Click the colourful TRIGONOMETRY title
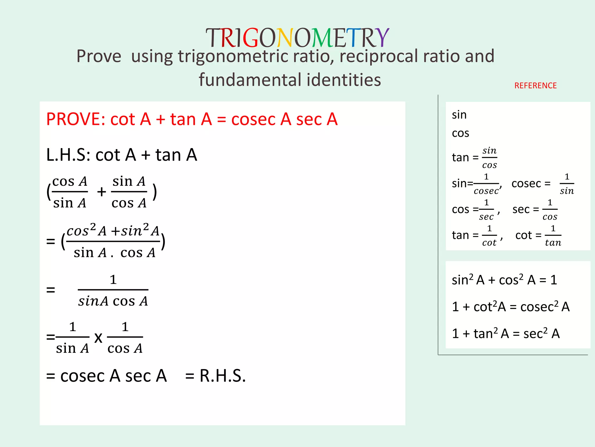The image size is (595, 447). [x=297, y=38]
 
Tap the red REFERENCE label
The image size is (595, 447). [x=535, y=86]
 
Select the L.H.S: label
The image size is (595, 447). [x=69, y=155]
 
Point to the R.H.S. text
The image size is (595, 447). [x=222, y=376]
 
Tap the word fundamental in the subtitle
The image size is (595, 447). [x=250, y=80]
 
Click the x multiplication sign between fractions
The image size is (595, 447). [x=98, y=338]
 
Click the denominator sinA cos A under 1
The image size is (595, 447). [x=113, y=301]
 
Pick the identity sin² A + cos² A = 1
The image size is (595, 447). [x=504, y=280]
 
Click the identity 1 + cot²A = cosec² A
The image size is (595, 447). [x=510, y=307]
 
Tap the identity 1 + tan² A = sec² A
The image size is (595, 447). [x=506, y=334]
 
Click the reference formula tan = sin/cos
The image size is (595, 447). [x=474, y=158]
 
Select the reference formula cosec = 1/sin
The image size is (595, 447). [x=543, y=184]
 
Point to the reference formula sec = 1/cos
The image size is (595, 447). [x=535, y=210]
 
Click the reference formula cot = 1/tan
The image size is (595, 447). [x=538, y=235]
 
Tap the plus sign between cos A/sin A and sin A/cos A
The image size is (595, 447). [x=101, y=192]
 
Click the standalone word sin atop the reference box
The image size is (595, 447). [x=459, y=115]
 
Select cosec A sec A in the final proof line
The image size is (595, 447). [x=113, y=376]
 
